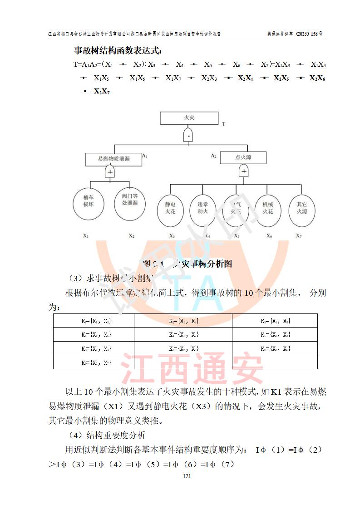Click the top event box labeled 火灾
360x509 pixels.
click(189, 118)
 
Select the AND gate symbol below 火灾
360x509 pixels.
click(189, 135)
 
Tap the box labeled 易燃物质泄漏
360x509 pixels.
click(113, 159)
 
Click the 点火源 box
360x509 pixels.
click(243, 157)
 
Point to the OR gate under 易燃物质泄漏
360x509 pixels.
click(110, 171)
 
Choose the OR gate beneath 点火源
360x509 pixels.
click(244, 171)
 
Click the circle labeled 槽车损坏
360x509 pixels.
click(88, 202)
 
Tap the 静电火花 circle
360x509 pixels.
click(170, 208)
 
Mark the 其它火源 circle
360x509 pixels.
click(301, 208)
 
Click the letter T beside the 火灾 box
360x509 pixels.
click(223, 124)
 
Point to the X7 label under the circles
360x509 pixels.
click(298, 235)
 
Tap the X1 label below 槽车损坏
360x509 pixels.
click(86, 235)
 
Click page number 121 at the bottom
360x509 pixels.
click(186, 476)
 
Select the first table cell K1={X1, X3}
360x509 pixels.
click(94, 321)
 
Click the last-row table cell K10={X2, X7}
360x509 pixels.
click(94, 362)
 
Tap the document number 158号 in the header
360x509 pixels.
click(314, 34)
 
